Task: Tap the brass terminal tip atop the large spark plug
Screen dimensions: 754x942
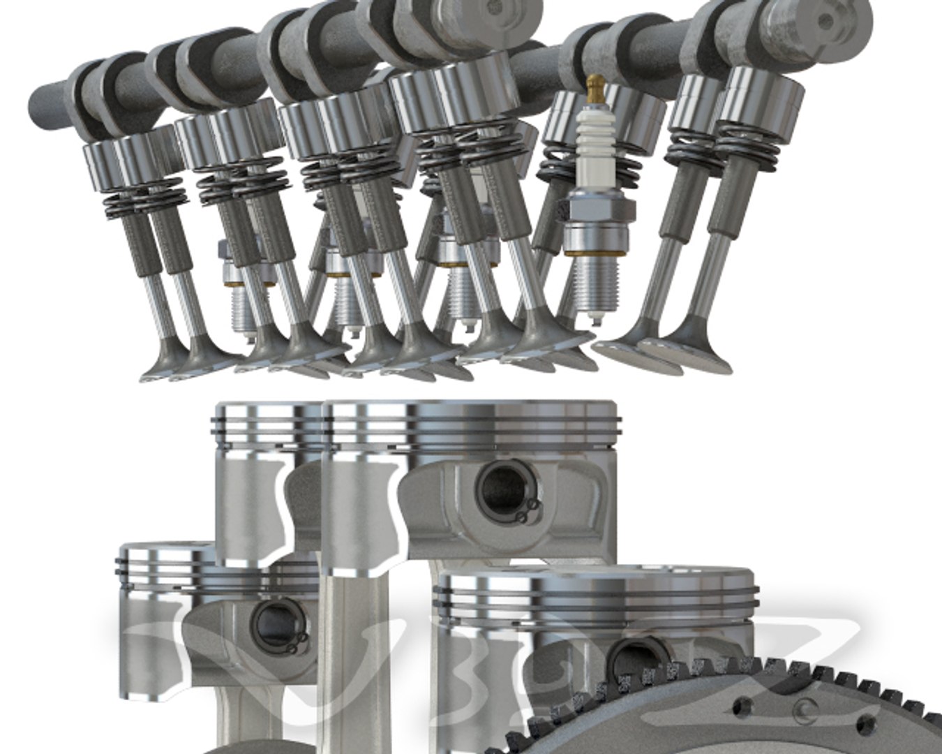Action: click(594, 87)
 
